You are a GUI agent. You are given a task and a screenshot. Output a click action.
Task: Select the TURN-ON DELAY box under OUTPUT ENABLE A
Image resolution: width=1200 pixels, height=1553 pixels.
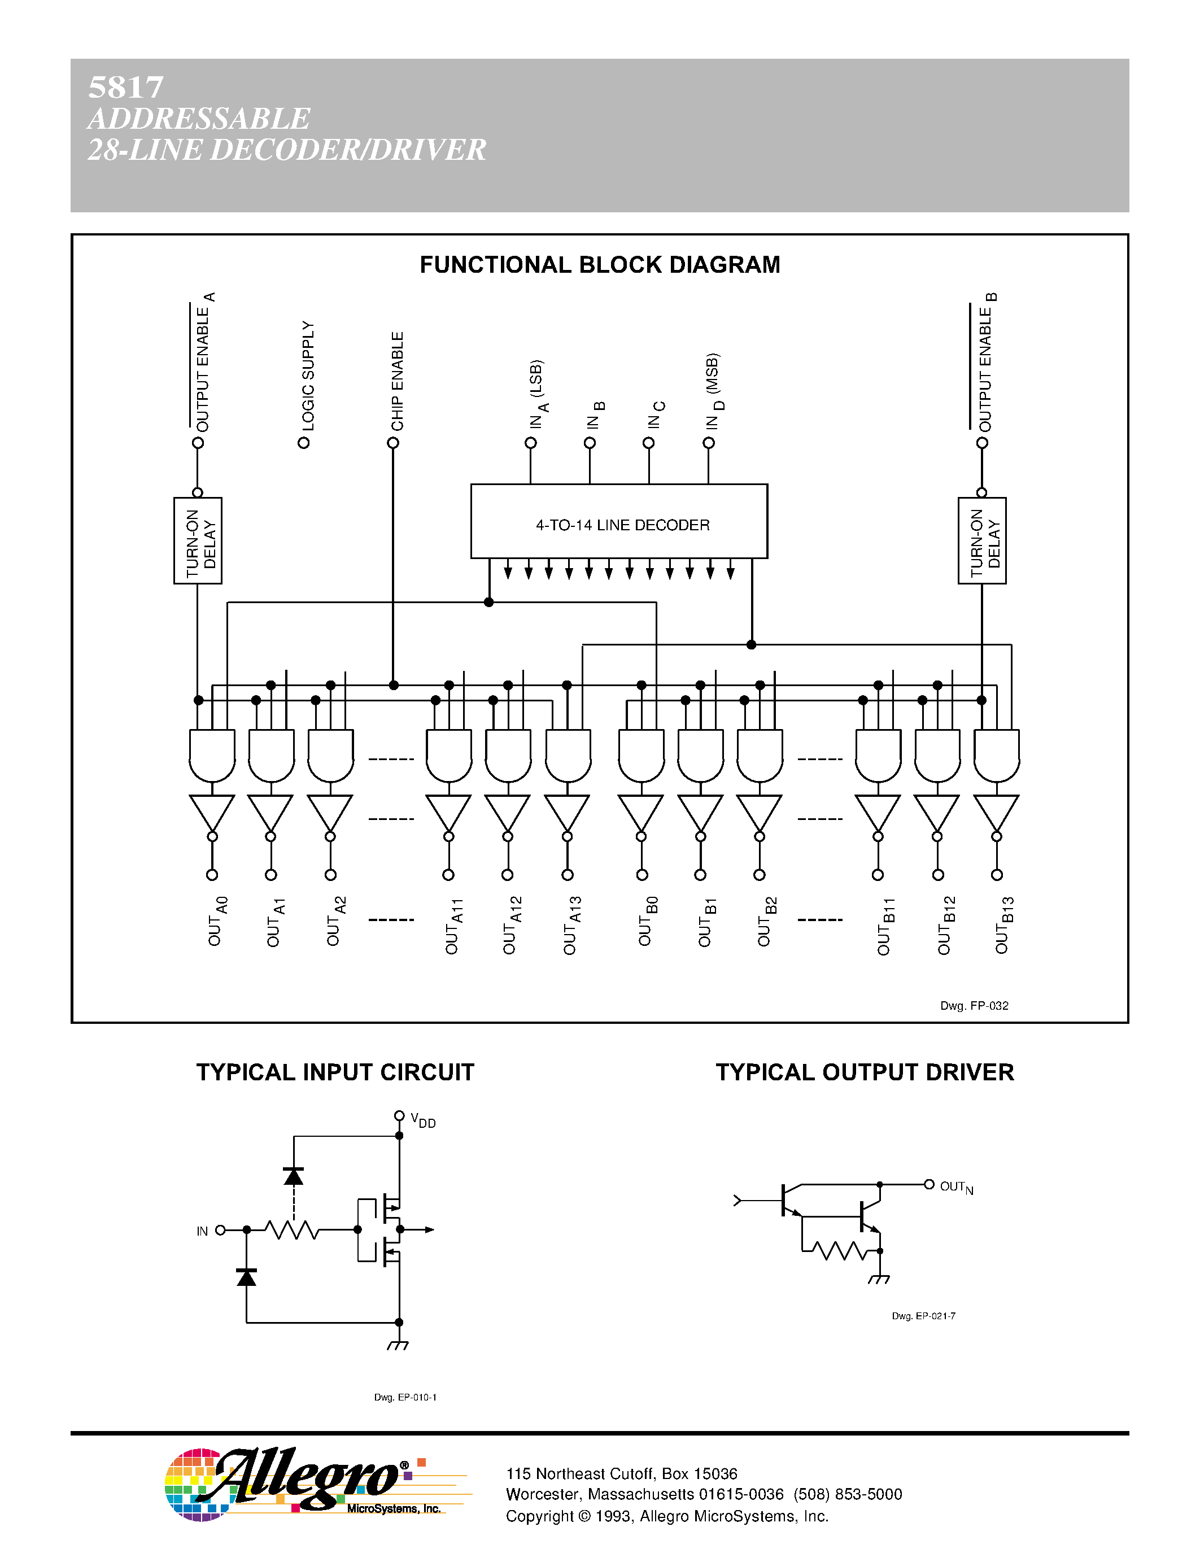pyautogui.click(x=198, y=540)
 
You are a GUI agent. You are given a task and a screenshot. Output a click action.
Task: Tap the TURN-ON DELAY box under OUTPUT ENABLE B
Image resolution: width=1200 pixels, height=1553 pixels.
pyautogui.click(x=982, y=540)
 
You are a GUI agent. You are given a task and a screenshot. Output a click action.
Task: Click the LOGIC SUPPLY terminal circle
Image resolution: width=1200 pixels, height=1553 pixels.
pyautogui.click(x=304, y=443)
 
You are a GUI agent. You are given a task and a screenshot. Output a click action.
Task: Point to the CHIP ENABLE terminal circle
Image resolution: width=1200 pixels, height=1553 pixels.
pyautogui.click(x=393, y=443)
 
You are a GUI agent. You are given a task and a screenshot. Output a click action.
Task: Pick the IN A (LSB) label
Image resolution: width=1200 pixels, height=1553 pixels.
pyautogui.click(x=538, y=395)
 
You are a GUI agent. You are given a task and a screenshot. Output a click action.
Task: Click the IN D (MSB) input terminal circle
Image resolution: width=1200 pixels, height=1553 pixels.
pyautogui.click(x=709, y=443)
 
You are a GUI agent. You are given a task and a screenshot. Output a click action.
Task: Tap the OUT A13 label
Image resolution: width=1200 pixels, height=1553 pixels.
pyautogui.click(x=571, y=925)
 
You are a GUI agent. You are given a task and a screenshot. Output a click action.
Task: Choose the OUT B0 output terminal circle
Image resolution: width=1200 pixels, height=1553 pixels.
pyautogui.click(x=642, y=875)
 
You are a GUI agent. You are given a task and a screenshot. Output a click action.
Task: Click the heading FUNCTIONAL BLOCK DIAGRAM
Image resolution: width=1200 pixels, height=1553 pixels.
pyautogui.click(x=599, y=264)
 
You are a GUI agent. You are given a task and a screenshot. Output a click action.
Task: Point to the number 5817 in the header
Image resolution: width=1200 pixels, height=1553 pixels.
pyautogui.click(x=126, y=88)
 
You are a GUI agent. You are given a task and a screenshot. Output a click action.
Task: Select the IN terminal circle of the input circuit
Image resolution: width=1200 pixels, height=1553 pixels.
pyautogui.click(x=220, y=1230)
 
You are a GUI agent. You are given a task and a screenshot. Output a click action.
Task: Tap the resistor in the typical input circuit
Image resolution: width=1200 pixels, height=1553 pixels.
pyautogui.click(x=291, y=1229)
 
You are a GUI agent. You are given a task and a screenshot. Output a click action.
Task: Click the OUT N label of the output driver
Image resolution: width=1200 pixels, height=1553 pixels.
pyautogui.click(x=956, y=1187)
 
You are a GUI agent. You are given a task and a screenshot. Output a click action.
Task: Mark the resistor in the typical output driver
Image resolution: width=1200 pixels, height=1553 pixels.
pyautogui.click(x=840, y=1250)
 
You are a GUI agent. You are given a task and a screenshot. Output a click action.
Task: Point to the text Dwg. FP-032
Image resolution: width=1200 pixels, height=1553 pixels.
pyautogui.click(x=974, y=1005)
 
